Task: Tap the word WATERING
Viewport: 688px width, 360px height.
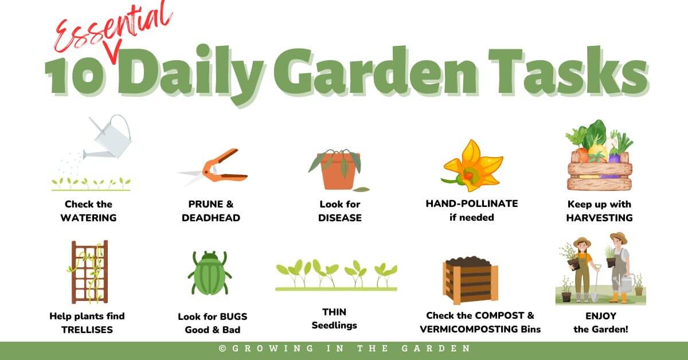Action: (x=88, y=218)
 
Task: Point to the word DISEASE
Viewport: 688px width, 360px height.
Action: (x=340, y=218)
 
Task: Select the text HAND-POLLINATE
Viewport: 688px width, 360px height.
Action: (x=471, y=204)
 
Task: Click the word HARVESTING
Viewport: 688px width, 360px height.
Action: (x=599, y=218)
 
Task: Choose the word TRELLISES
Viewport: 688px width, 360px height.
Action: (x=87, y=330)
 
